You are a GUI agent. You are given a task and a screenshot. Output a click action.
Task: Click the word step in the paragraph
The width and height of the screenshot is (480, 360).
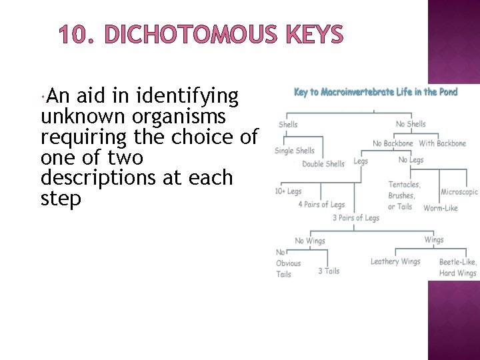[61, 199]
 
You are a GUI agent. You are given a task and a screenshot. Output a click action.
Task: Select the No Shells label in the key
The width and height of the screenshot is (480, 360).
[410, 124]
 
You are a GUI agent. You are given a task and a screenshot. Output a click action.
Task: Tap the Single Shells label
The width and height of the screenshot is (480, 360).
[295, 151]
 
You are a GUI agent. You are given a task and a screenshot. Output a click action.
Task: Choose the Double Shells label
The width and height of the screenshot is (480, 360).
[323, 164]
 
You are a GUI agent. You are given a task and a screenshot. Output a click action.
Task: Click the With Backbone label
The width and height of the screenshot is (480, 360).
[442, 143]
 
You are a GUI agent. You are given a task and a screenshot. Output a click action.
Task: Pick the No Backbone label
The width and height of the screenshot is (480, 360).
[393, 143]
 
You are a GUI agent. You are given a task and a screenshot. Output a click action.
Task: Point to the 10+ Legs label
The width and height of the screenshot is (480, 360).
[288, 191]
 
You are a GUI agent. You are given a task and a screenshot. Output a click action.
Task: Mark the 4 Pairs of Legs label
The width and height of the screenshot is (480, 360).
[321, 205]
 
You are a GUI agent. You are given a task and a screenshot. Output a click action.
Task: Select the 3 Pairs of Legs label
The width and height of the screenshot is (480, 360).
[356, 218]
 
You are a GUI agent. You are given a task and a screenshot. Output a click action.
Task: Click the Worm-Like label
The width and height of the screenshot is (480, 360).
[441, 208]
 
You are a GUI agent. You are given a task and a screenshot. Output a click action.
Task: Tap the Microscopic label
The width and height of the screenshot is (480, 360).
[459, 192]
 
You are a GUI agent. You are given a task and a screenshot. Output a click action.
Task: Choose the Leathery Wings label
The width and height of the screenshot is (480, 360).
[395, 262]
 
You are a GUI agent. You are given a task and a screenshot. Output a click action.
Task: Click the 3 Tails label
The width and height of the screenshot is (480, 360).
[329, 271]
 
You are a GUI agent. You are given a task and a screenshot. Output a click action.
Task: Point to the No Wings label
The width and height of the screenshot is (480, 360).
[310, 241]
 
